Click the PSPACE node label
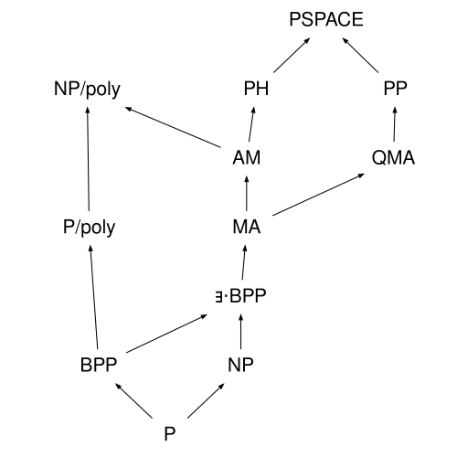tap(326, 19)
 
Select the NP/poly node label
tap(87, 90)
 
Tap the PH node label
tap(256, 89)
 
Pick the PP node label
tap(396, 89)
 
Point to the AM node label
tap(247, 157)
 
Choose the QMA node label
tap(393, 158)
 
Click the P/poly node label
tap(89, 228)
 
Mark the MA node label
tap(247, 227)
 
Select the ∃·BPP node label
tap(240, 295)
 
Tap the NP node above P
tap(240, 365)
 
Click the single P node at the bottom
tap(170, 433)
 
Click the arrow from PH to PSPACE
tap(292, 55)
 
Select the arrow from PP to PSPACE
tap(360, 55)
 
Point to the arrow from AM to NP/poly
tap(173, 127)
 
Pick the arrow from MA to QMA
tap(319, 195)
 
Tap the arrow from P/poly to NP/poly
tap(89, 159)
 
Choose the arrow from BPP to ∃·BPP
tap(167, 334)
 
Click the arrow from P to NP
tap(206, 400)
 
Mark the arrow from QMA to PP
tap(395, 124)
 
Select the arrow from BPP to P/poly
tap(94, 297)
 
